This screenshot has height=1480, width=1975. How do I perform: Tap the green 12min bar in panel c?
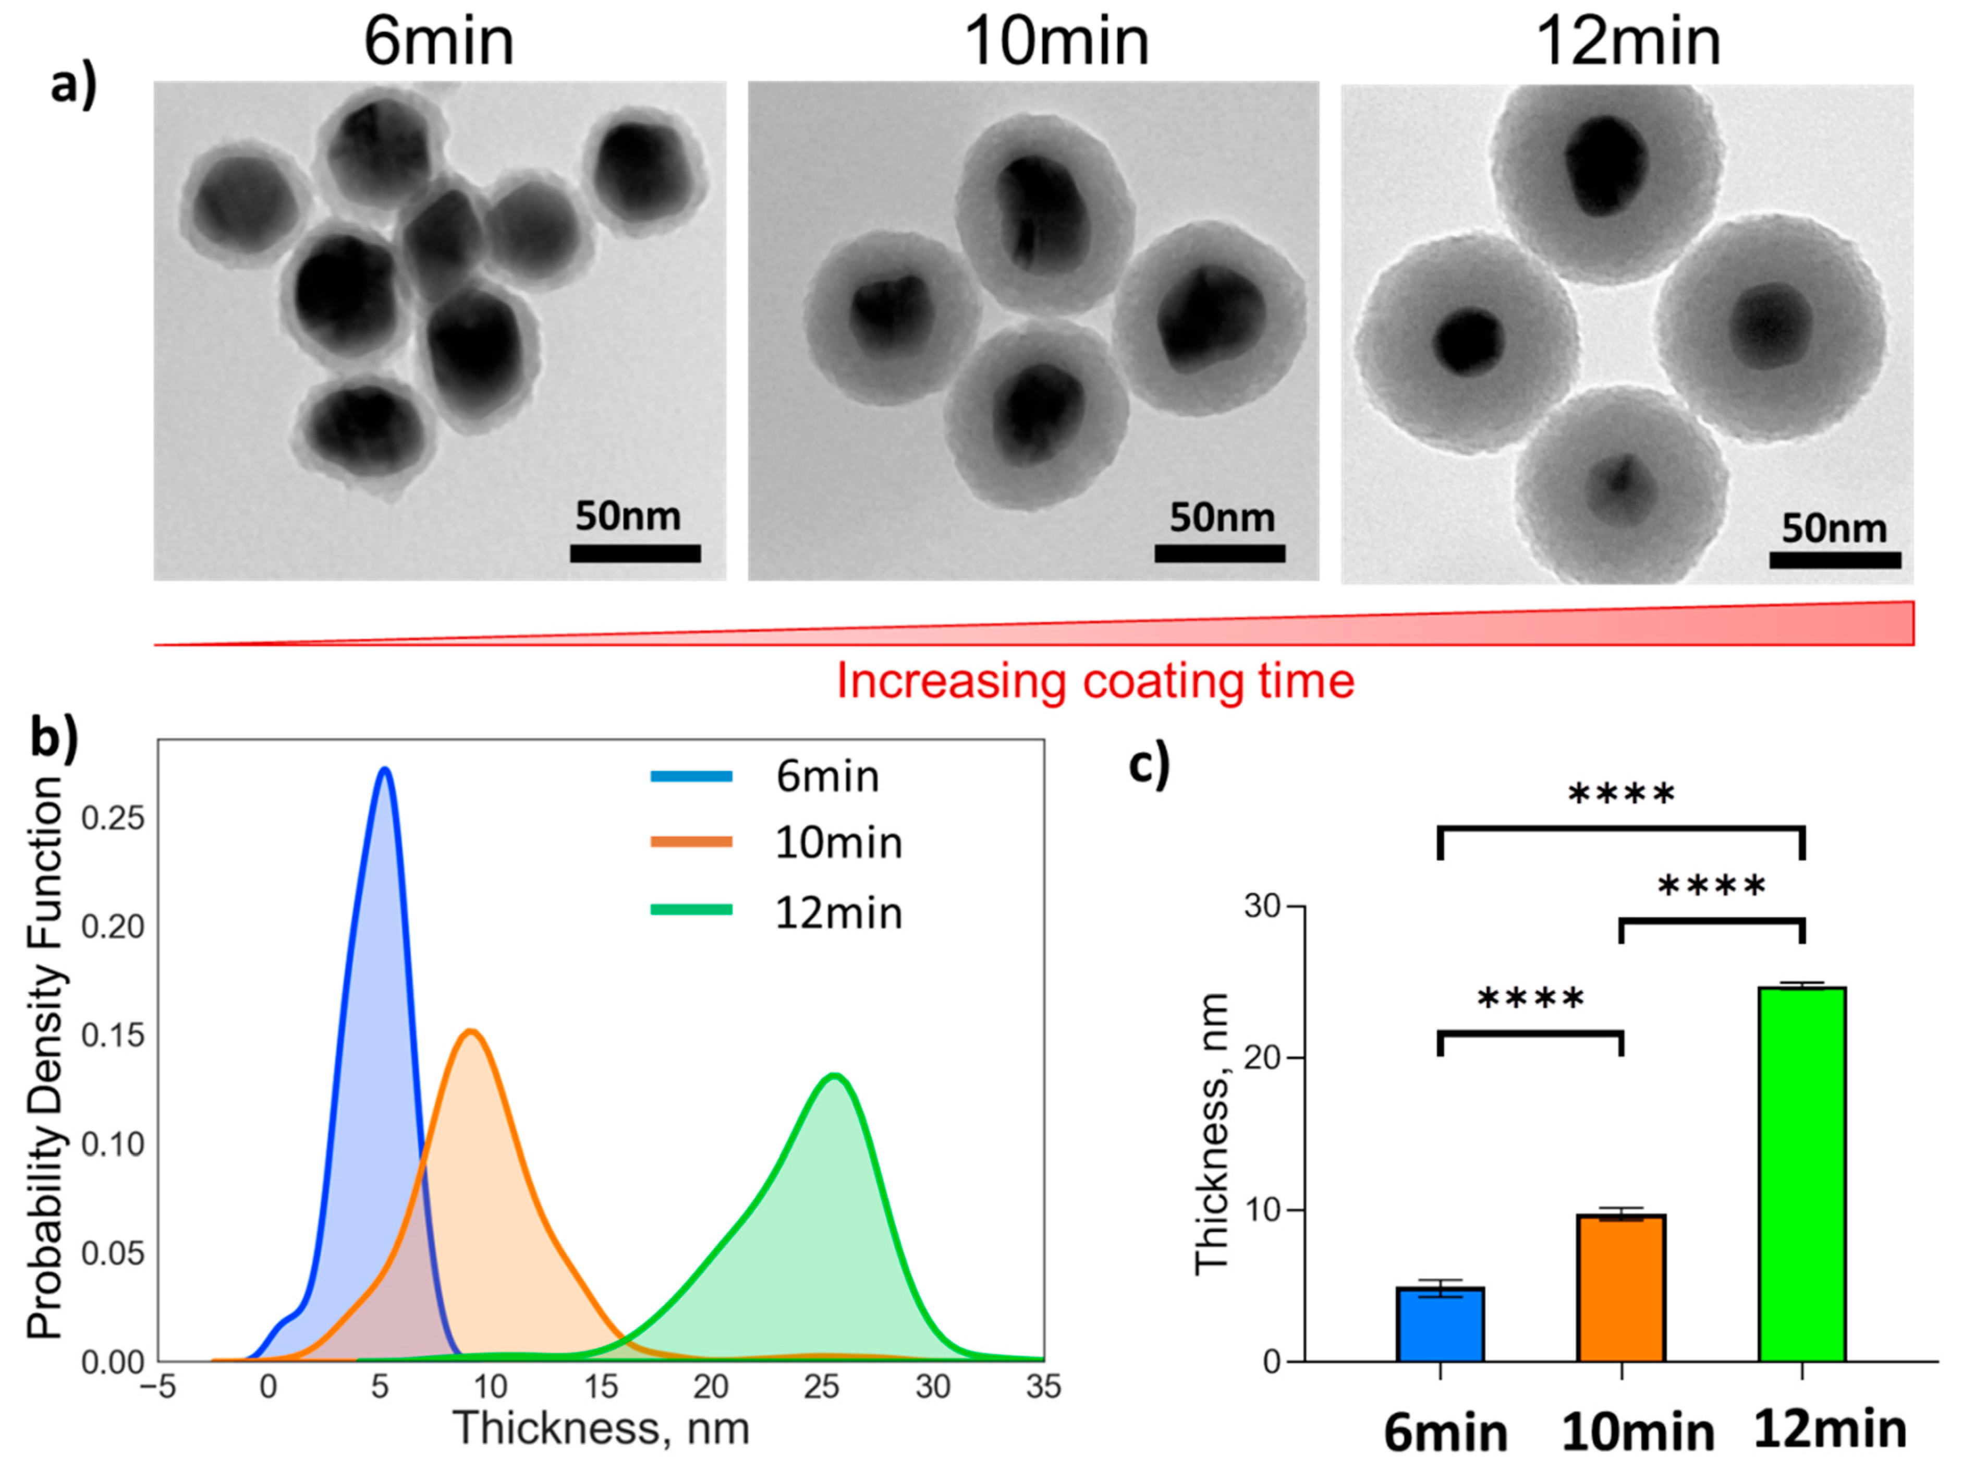click(x=1802, y=1174)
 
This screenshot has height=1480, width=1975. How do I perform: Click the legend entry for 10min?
click(x=837, y=843)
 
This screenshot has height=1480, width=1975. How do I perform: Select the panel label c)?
click(x=1149, y=766)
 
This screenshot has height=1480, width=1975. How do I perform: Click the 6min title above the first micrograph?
click(x=438, y=41)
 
